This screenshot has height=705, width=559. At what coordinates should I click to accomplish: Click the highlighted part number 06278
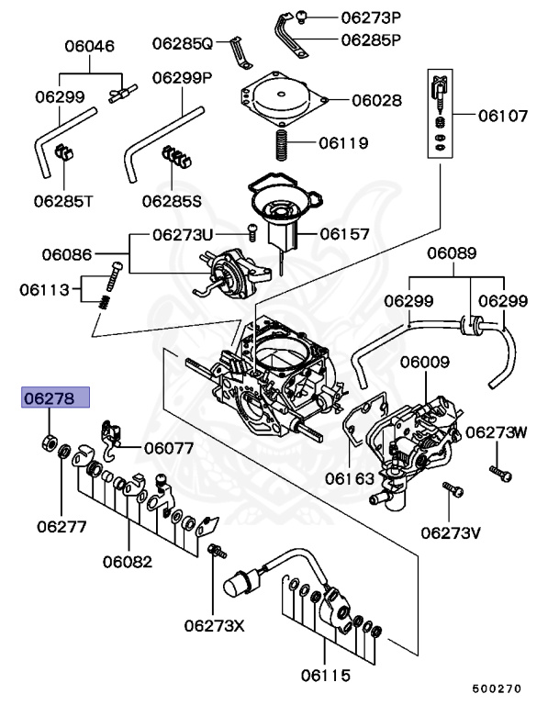56,397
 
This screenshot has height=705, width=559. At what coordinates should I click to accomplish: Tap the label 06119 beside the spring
343,143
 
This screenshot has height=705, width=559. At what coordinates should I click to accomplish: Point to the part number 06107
501,117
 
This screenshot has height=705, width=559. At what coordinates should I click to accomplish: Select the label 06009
424,362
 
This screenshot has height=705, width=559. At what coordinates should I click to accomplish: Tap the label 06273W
497,431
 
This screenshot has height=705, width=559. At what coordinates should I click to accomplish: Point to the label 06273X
214,625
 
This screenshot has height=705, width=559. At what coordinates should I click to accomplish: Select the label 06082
127,561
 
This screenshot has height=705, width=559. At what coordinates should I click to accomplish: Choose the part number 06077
168,449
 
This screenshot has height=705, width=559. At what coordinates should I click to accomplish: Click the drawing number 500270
497,688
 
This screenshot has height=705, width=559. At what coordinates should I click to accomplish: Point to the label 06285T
63,198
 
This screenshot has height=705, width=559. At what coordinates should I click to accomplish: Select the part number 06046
89,45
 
